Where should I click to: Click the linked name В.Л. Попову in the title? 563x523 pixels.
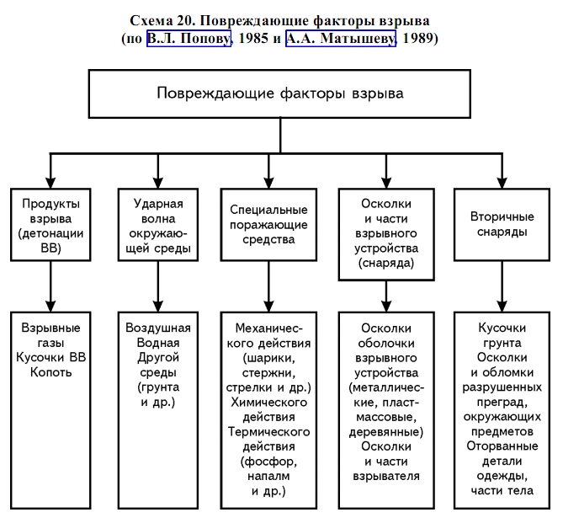click(x=189, y=39)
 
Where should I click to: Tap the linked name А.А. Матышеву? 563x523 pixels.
click(x=341, y=39)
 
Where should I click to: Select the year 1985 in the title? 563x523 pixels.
click(x=253, y=38)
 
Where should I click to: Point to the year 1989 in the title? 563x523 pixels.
click(x=418, y=38)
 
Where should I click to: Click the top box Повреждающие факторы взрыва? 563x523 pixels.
click(x=279, y=93)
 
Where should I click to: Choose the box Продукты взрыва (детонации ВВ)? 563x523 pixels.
click(x=50, y=224)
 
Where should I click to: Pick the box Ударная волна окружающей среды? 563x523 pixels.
click(x=158, y=224)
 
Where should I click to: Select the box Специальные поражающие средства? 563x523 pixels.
click(x=268, y=224)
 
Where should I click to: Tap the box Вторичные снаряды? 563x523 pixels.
click(x=502, y=224)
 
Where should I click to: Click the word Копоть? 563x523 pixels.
click(x=50, y=372)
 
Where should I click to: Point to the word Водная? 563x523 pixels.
click(x=158, y=343)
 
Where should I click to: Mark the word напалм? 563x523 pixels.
click(x=268, y=476)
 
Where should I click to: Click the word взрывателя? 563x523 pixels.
click(x=386, y=476)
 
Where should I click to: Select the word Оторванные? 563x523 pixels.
click(x=502, y=446)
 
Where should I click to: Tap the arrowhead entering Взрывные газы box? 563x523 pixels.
click(x=50, y=306)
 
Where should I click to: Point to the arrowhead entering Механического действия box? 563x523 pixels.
click(x=268, y=306)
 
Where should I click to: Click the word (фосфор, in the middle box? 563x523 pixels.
click(x=268, y=462)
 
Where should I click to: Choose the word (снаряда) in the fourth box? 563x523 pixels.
click(x=386, y=263)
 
